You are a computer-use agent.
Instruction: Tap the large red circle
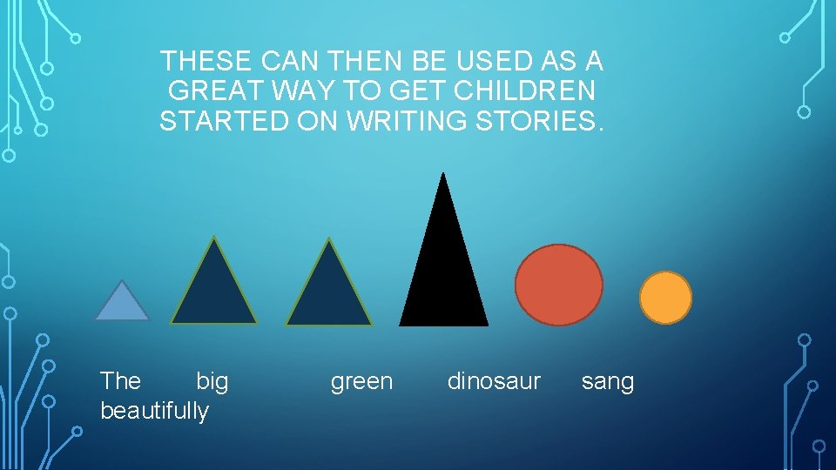pyautogui.click(x=558, y=285)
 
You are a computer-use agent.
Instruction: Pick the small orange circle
pyautogui.click(x=665, y=298)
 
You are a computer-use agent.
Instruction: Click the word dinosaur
pyautogui.click(x=494, y=381)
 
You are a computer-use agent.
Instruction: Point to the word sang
pyautogui.click(x=608, y=381)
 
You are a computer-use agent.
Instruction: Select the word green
pyautogui.click(x=361, y=381)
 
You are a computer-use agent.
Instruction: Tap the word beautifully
pyautogui.click(x=155, y=411)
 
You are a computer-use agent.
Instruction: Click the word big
pyautogui.click(x=212, y=381)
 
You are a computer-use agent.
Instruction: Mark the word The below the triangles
pyautogui.click(x=120, y=381)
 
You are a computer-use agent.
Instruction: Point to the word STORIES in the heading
pyautogui.click(x=538, y=121)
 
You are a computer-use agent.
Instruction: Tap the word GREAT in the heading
pyautogui.click(x=213, y=91)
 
